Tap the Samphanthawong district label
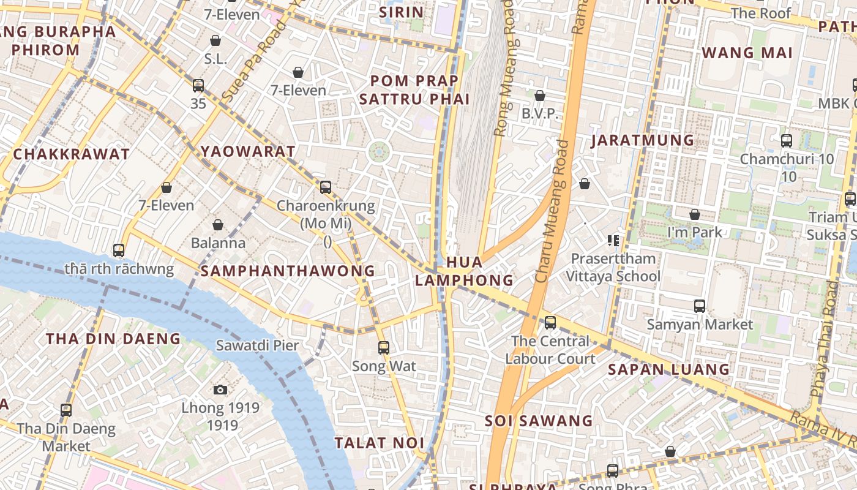(288, 271)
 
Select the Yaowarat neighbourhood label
(248, 151)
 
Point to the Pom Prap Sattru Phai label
(414, 90)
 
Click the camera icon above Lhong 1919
(220, 390)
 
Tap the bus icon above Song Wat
(384, 348)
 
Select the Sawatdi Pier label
(257, 345)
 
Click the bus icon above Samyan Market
(700, 306)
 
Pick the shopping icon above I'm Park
(695, 214)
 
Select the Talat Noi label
(379, 443)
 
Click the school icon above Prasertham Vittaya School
(613, 241)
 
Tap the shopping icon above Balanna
(218, 225)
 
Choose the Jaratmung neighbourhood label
(642, 140)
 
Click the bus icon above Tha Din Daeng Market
(66, 410)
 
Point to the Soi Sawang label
(539, 421)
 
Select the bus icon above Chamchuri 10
(787, 140)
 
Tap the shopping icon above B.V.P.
(540, 96)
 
